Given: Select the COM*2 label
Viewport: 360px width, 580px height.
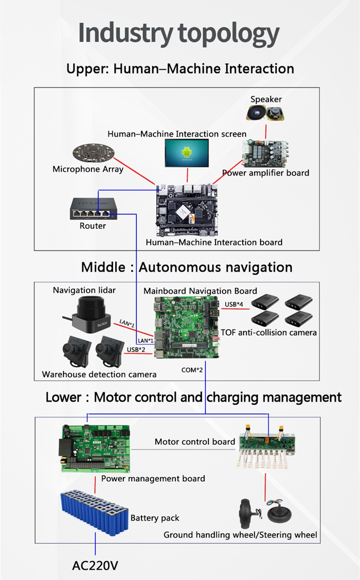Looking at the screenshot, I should pos(192,370).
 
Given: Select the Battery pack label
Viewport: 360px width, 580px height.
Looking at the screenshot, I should pos(155,518).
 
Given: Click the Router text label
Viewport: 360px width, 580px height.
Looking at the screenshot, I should pos(93,226).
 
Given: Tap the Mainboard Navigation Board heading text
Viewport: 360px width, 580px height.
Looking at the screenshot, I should pos(200,291).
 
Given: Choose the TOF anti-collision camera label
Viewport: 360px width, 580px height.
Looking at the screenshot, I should pos(269,332).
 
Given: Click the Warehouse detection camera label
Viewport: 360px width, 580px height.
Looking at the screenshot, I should pos(99,374).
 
